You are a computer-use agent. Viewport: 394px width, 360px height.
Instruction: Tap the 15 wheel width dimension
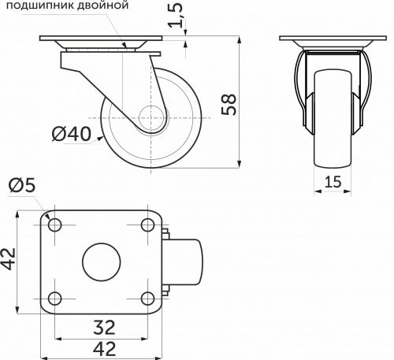332,183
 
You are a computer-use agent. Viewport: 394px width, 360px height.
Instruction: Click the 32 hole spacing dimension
101,325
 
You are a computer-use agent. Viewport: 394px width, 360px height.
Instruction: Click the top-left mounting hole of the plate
55,225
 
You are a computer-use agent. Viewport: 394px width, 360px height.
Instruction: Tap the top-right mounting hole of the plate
147,225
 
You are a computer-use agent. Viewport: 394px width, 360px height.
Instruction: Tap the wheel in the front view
332,118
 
